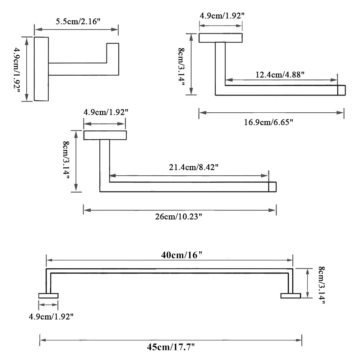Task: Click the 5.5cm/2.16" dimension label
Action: click(x=78, y=21)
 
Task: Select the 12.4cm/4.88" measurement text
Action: click(x=280, y=75)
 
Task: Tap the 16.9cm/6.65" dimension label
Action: click(x=269, y=122)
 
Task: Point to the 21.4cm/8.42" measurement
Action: click(x=194, y=167)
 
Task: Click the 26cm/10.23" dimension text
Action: click(x=179, y=216)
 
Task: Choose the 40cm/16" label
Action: click(x=181, y=255)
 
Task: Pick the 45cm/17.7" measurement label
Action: click(x=171, y=347)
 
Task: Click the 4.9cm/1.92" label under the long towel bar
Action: click(x=51, y=316)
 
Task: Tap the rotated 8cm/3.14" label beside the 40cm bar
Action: click(x=321, y=285)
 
